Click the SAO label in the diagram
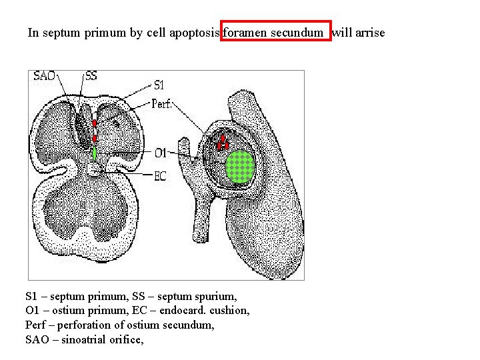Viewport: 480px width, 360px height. click(45, 76)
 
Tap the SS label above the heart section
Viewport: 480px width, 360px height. click(91, 76)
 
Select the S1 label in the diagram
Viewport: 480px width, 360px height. click(159, 85)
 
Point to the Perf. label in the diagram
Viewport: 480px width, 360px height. click(163, 103)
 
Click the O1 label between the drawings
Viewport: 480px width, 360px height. click(160, 154)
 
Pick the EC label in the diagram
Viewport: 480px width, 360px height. click(160, 176)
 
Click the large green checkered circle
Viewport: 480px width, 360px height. click(241, 166)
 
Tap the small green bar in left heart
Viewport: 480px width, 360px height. click(95, 154)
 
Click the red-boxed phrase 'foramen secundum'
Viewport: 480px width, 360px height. click(275, 32)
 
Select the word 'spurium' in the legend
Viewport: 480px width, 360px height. click(218, 295)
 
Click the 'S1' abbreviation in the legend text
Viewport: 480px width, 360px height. click(31, 295)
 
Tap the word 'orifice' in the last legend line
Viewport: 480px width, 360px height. click(127, 339)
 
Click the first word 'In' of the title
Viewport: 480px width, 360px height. click(33, 32)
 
